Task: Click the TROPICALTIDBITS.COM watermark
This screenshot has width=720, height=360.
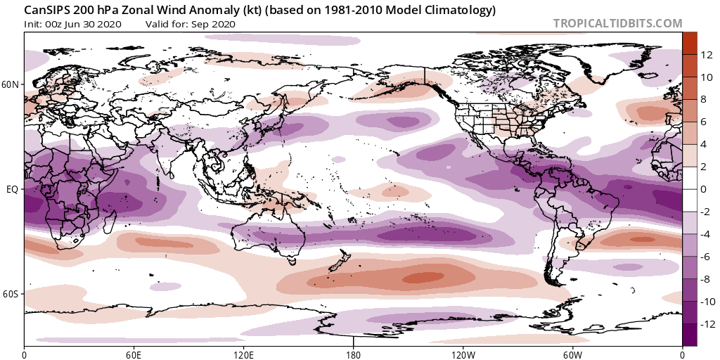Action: (617, 23)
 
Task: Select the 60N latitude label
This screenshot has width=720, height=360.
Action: (11, 85)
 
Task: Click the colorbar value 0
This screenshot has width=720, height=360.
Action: (705, 189)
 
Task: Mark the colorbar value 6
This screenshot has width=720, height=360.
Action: (705, 122)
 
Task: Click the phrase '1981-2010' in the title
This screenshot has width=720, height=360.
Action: (339, 11)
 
